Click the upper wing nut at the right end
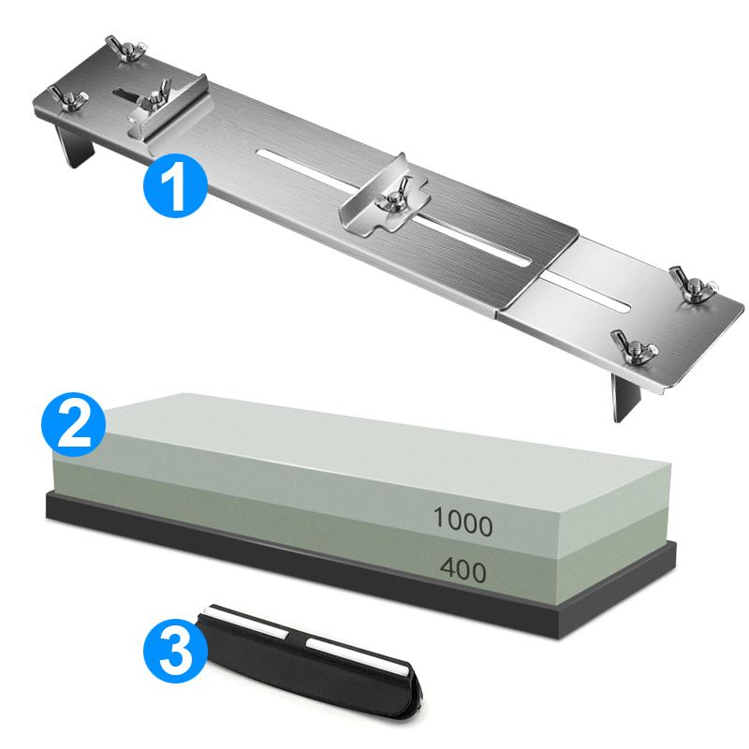(x=692, y=281)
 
